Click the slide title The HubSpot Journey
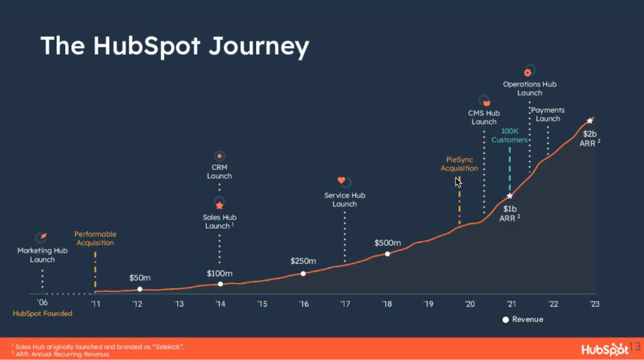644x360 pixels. pyautogui.click(x=175, y=46)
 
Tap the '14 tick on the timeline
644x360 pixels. pyautogui.click(x=220, y=304)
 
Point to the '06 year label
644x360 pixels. pyautogui.click(x=42, y=303)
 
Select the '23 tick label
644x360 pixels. pyautogui.click(x=595, y=304)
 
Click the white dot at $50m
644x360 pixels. pyautogui.click(x=140, y=290)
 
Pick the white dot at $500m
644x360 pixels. pyautogui.click(x=388, y=254)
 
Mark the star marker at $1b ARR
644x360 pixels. pyautogui.click(x=510, y=196)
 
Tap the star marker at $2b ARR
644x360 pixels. pyautogui.click(x=590, y=120)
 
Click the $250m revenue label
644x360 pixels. pyautogui.click(x=303, y=261)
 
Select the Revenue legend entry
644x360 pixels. pyautogui.click(x=522, y=319)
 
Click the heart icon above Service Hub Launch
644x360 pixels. pyautogui.click(x=341, y=180)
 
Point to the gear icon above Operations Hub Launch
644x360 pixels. pyautogui.click(x=528, y=73)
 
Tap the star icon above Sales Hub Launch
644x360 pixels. pyautogui.click(x=219, y=205)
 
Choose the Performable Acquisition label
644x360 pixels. pyautogui.click(x=95, y=238)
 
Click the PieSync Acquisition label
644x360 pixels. pyautogui.click(x=459, y=164)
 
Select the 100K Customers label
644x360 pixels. pyautogui.click(x=509, y=135)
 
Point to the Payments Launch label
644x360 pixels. pyautogui.click(x=548, y=114)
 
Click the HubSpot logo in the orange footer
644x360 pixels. pyautogui.click(x=605, y=349)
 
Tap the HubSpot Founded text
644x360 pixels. pyautogui.click(x=42, y=314)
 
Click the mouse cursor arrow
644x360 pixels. pyautogui.click(x=458, y=182)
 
